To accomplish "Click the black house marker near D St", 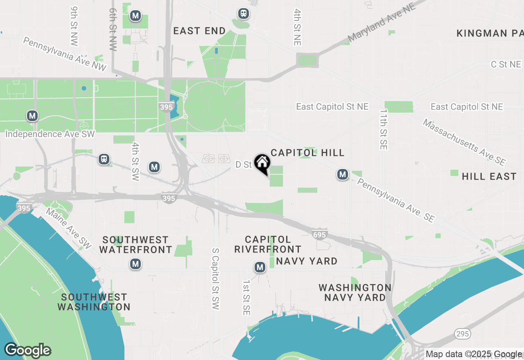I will (262, 163).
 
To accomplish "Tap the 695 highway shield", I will (319, 234).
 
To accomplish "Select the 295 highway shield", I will (463, 334).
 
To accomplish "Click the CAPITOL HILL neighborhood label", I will (307, 153).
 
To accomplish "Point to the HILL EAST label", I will (489, 176).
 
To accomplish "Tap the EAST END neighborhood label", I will (199, 31).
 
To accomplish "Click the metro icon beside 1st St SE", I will (260, 267).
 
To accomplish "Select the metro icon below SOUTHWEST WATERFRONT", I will (136, 264).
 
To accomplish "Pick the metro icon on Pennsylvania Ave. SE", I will (343, 175).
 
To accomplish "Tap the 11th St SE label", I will (383, 129).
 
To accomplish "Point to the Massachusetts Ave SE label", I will (464, 142).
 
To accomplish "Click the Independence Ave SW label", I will (50, 134).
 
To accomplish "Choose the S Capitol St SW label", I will (216, 278).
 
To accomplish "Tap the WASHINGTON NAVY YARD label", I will (355, 292).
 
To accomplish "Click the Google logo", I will (27, 351).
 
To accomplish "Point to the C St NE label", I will (506, 64).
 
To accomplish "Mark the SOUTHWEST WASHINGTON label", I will (94, 302).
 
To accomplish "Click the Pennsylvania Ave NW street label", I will (64, 54).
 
